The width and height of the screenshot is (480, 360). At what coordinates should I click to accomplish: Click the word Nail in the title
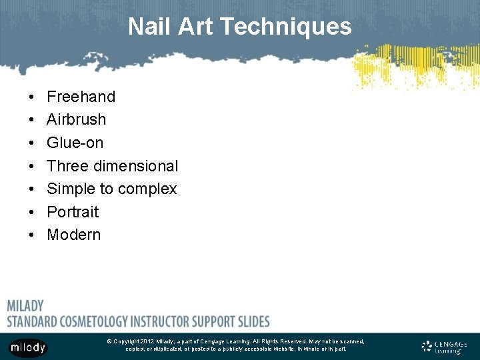[145, 27]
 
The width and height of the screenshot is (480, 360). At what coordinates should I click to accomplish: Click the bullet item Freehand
[81, 97]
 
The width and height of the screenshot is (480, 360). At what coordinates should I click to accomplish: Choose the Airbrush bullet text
[76, 119]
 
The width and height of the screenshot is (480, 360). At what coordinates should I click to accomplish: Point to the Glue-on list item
[75, 143]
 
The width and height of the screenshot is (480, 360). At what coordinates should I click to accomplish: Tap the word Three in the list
[67, 165]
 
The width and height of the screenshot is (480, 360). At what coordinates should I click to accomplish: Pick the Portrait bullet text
[73, 212]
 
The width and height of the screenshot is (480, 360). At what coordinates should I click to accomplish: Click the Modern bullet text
[73, 235]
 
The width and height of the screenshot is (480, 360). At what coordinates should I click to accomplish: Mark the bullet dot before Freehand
[32, 97]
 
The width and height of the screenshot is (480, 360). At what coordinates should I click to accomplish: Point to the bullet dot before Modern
[32, 235]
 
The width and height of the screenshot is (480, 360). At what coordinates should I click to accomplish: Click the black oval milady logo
[28, 347]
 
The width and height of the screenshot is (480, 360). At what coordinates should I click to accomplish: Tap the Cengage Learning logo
[444, 347]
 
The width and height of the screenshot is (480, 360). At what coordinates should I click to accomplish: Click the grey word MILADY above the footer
[25, 306]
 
